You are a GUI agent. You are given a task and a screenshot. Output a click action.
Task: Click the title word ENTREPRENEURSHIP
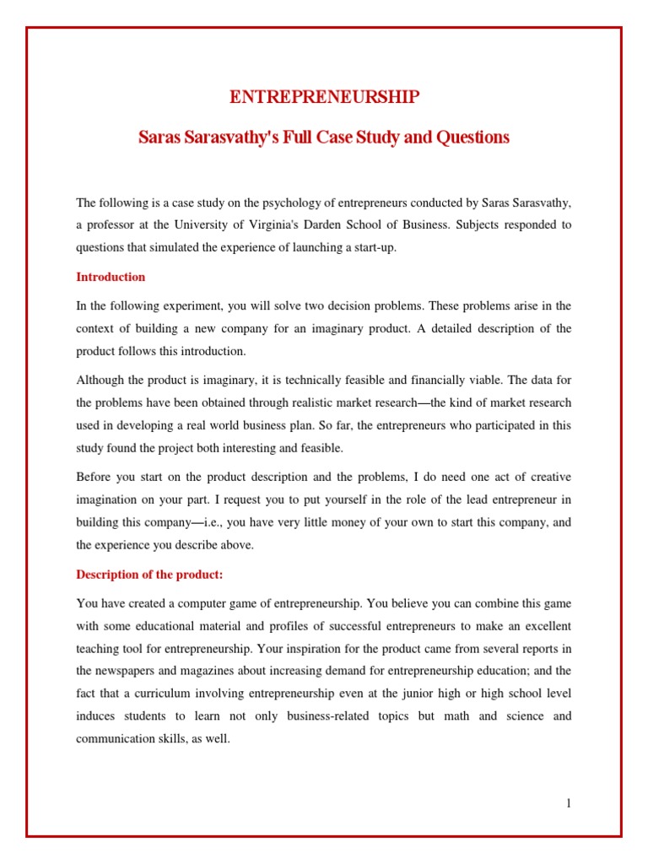point(324,98)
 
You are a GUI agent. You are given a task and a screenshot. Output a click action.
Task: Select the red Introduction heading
point(111,277)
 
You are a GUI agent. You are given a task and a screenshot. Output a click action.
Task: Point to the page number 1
point(569,803)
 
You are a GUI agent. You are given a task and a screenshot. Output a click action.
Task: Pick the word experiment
point(177,305)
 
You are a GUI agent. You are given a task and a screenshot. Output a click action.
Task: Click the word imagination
point(106,500)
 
